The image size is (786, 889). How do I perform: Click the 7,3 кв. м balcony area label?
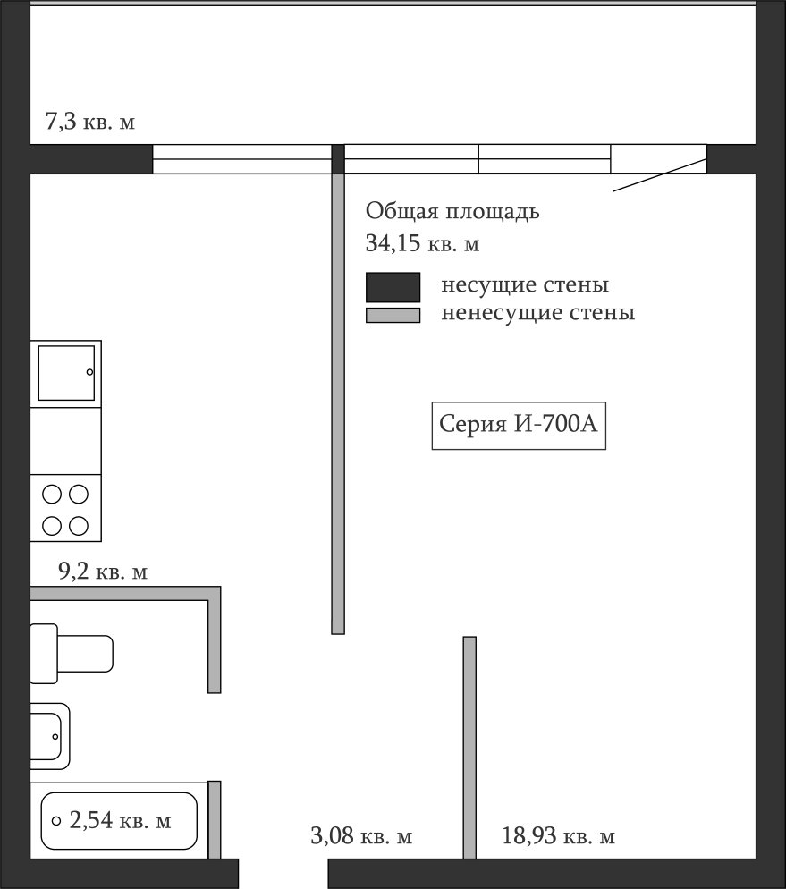(90, 122)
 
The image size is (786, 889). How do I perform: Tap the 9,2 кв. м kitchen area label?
(103, 571)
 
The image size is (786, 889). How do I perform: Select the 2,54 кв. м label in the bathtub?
(120, 820)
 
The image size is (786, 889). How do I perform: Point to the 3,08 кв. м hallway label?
(361, 835)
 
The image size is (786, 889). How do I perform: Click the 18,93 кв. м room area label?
(558, 835)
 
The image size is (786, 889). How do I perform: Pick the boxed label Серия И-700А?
(519, 425)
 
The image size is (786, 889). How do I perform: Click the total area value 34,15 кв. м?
(422, 243)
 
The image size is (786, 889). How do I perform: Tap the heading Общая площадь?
(452, 211)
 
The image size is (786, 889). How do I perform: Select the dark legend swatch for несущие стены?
(393, 287)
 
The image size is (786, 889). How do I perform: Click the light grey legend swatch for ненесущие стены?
(393, 315)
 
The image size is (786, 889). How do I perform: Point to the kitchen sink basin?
(66, 373)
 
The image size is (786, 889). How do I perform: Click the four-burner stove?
(66, 508)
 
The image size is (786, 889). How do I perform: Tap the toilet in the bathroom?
(72, 654)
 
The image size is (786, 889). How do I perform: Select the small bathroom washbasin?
(50, 736)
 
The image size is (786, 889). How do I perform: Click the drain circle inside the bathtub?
(56, 820)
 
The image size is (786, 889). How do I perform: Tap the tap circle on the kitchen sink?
(89, 372)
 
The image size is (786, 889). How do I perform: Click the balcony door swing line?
(660, 175)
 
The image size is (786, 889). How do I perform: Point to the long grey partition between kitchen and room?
(338, 403)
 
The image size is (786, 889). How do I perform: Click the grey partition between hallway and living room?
(469, 748)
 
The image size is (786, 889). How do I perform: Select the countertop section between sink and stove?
(66, 441)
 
